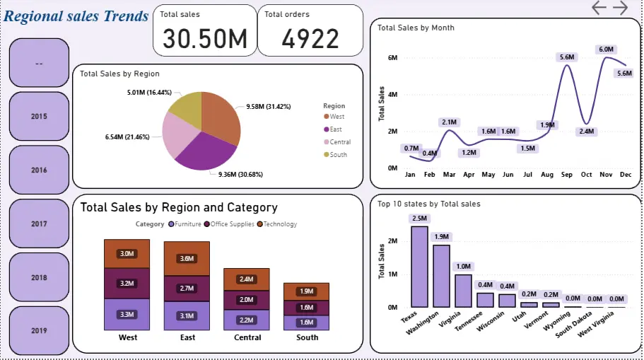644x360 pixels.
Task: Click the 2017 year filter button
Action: click(39, 223)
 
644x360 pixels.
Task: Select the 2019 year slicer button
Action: click(39, 330)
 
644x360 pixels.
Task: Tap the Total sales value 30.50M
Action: click(205, 40)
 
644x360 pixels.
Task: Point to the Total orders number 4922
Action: click(310, 40)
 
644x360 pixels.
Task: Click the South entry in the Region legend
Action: click(338, 154)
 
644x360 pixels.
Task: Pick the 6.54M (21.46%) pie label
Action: click(129, 137)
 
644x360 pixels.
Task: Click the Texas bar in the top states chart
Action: click(419, 266)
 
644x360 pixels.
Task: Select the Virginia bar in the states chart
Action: click(463, 290)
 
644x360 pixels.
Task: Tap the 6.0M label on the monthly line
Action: click(606, 50)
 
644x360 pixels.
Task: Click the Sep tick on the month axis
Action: click(566, 174)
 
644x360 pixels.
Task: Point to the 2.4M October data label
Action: click(586, 132)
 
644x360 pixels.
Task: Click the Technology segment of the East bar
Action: click(187, 258)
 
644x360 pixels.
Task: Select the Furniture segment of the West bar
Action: click(127, 314)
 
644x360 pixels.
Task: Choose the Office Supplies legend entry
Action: click(230, 224)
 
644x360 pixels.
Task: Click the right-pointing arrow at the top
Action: click(620, 8)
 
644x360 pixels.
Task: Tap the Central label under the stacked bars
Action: click(247, 337)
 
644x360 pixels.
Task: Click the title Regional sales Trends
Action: click(76, 16)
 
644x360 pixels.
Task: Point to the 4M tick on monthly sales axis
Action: click(393, 94)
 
